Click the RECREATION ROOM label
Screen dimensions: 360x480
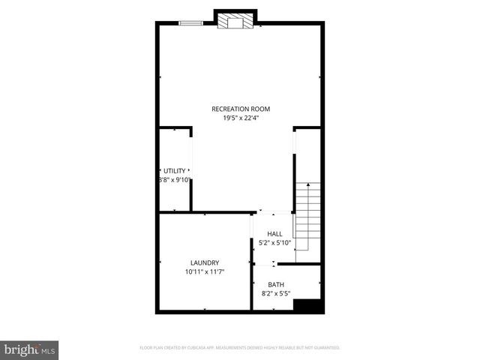(240, 109)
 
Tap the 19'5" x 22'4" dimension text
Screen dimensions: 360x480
(240, 118)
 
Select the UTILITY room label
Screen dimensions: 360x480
(174, 171)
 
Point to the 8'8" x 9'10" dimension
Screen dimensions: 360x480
(174, 180)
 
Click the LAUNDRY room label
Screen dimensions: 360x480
(204, 262)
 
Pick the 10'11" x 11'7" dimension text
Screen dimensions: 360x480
(204, 271)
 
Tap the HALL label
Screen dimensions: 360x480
(274, 234)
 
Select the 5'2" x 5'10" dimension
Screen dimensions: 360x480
(274, 243)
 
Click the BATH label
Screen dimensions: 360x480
(276, 284)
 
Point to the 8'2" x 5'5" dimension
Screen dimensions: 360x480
(276, 293)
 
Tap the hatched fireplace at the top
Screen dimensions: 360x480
(235, 22)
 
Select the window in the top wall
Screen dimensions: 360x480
(190, 23)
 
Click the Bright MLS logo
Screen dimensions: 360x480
(29, 349)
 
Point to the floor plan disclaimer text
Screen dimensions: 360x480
(240, 348)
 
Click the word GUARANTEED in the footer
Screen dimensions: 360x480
(323, 348)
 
